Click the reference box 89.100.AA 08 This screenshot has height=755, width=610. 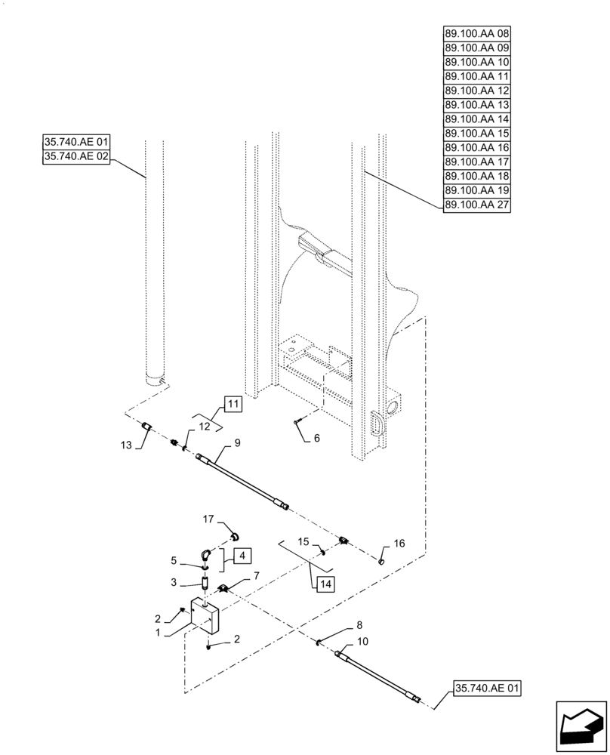click(477, 34)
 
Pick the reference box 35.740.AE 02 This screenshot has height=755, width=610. click(77, 157)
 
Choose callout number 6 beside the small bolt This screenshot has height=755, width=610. click(317, 438)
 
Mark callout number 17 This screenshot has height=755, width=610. click(208, 519)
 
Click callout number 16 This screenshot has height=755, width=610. click(399, 543)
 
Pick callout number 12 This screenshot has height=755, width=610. click(205, 427)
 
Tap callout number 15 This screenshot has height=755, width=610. click(302, 541)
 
